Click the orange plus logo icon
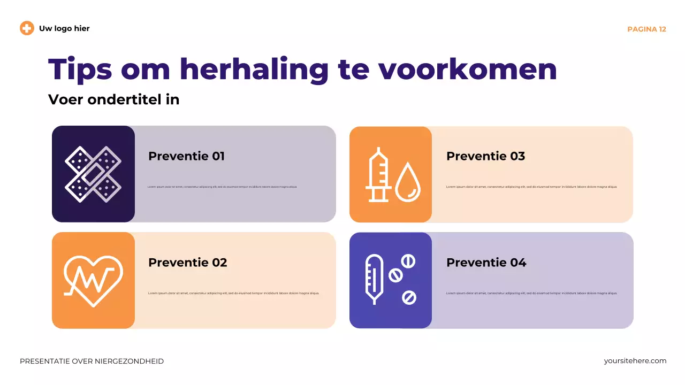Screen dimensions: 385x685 coord(27,28)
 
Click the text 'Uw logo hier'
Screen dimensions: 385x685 coord(64,28)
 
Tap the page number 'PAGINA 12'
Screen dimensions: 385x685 coord(646,29)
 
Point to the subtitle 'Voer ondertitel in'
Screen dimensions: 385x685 coord(113,99)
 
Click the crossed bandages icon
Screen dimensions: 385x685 coord(93,174)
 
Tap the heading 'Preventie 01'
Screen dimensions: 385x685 coord(186,156)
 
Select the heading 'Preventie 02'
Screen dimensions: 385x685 coord(187,263)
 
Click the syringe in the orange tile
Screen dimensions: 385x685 coord(378,174)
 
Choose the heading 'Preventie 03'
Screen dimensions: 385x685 coord(485,156)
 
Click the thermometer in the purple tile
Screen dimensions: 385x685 coord(374,279)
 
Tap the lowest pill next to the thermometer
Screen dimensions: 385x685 coord(409,297)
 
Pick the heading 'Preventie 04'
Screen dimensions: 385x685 coord(486,263)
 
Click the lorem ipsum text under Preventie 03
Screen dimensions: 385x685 coord(531,187)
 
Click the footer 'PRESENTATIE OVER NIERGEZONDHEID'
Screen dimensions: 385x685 coord(92,361)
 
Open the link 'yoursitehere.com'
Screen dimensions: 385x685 coord(635,361)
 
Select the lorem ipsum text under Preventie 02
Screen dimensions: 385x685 coord(233,294)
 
